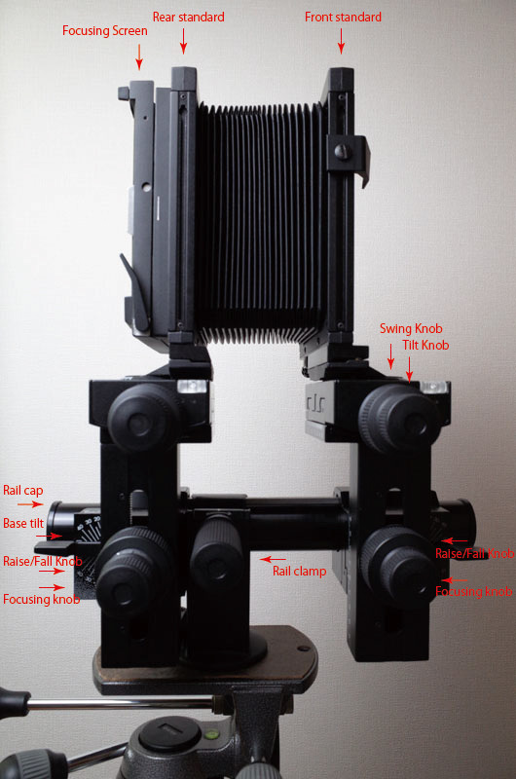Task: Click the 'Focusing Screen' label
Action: click(105, 31)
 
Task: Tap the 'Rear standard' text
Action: click(188, 18)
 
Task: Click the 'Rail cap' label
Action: click(22, 491)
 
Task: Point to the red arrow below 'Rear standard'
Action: click(182, 41)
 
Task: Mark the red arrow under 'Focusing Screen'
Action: click(139, 58)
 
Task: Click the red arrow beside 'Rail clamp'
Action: click(265, 559)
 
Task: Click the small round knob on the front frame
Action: click(341, 151)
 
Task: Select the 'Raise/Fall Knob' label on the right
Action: click(476, 553)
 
